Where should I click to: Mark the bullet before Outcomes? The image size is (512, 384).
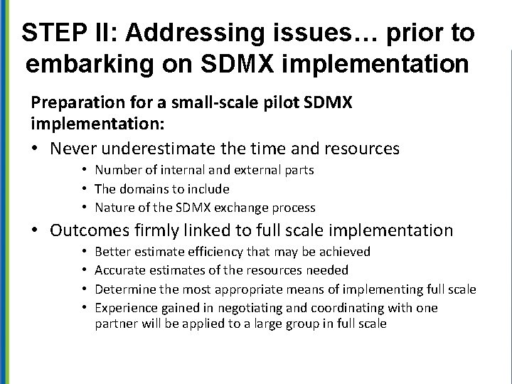click(x=36, y=230)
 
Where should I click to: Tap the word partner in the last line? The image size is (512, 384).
click(x=114, y=324)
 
